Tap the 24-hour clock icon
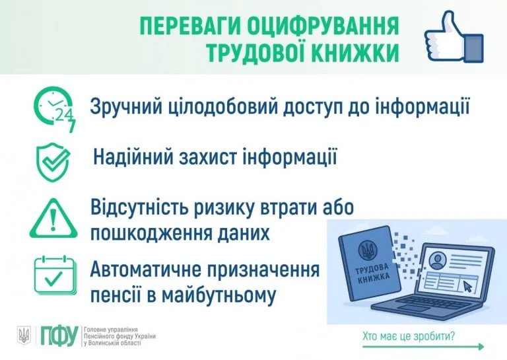[x=55, y=108]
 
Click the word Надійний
[x=131, y=158]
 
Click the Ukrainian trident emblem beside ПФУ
[x=24, y=336]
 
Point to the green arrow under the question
[x=422, y=347]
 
